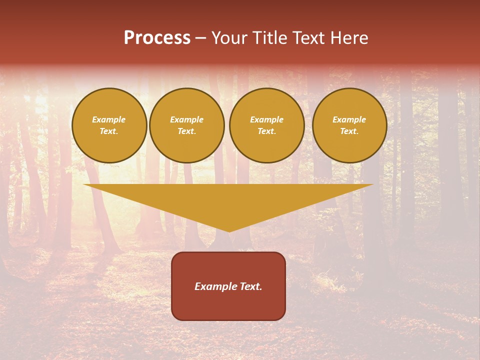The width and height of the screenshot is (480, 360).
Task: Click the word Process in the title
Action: tap(157, 38)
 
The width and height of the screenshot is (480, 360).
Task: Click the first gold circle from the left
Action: tap(109, 125)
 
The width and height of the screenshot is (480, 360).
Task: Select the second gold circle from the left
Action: tap(186, 125)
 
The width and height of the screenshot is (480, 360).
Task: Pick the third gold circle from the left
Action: tap(266, 125)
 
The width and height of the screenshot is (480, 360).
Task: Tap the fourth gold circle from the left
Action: tap(349, 125)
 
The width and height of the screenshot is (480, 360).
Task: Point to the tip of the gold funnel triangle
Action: tap(229, 231)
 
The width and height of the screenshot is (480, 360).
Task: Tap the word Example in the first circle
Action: tap(109, 119)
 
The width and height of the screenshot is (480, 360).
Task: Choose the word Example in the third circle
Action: tap(266, 119)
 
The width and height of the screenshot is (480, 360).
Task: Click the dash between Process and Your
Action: tap(200, 38)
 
